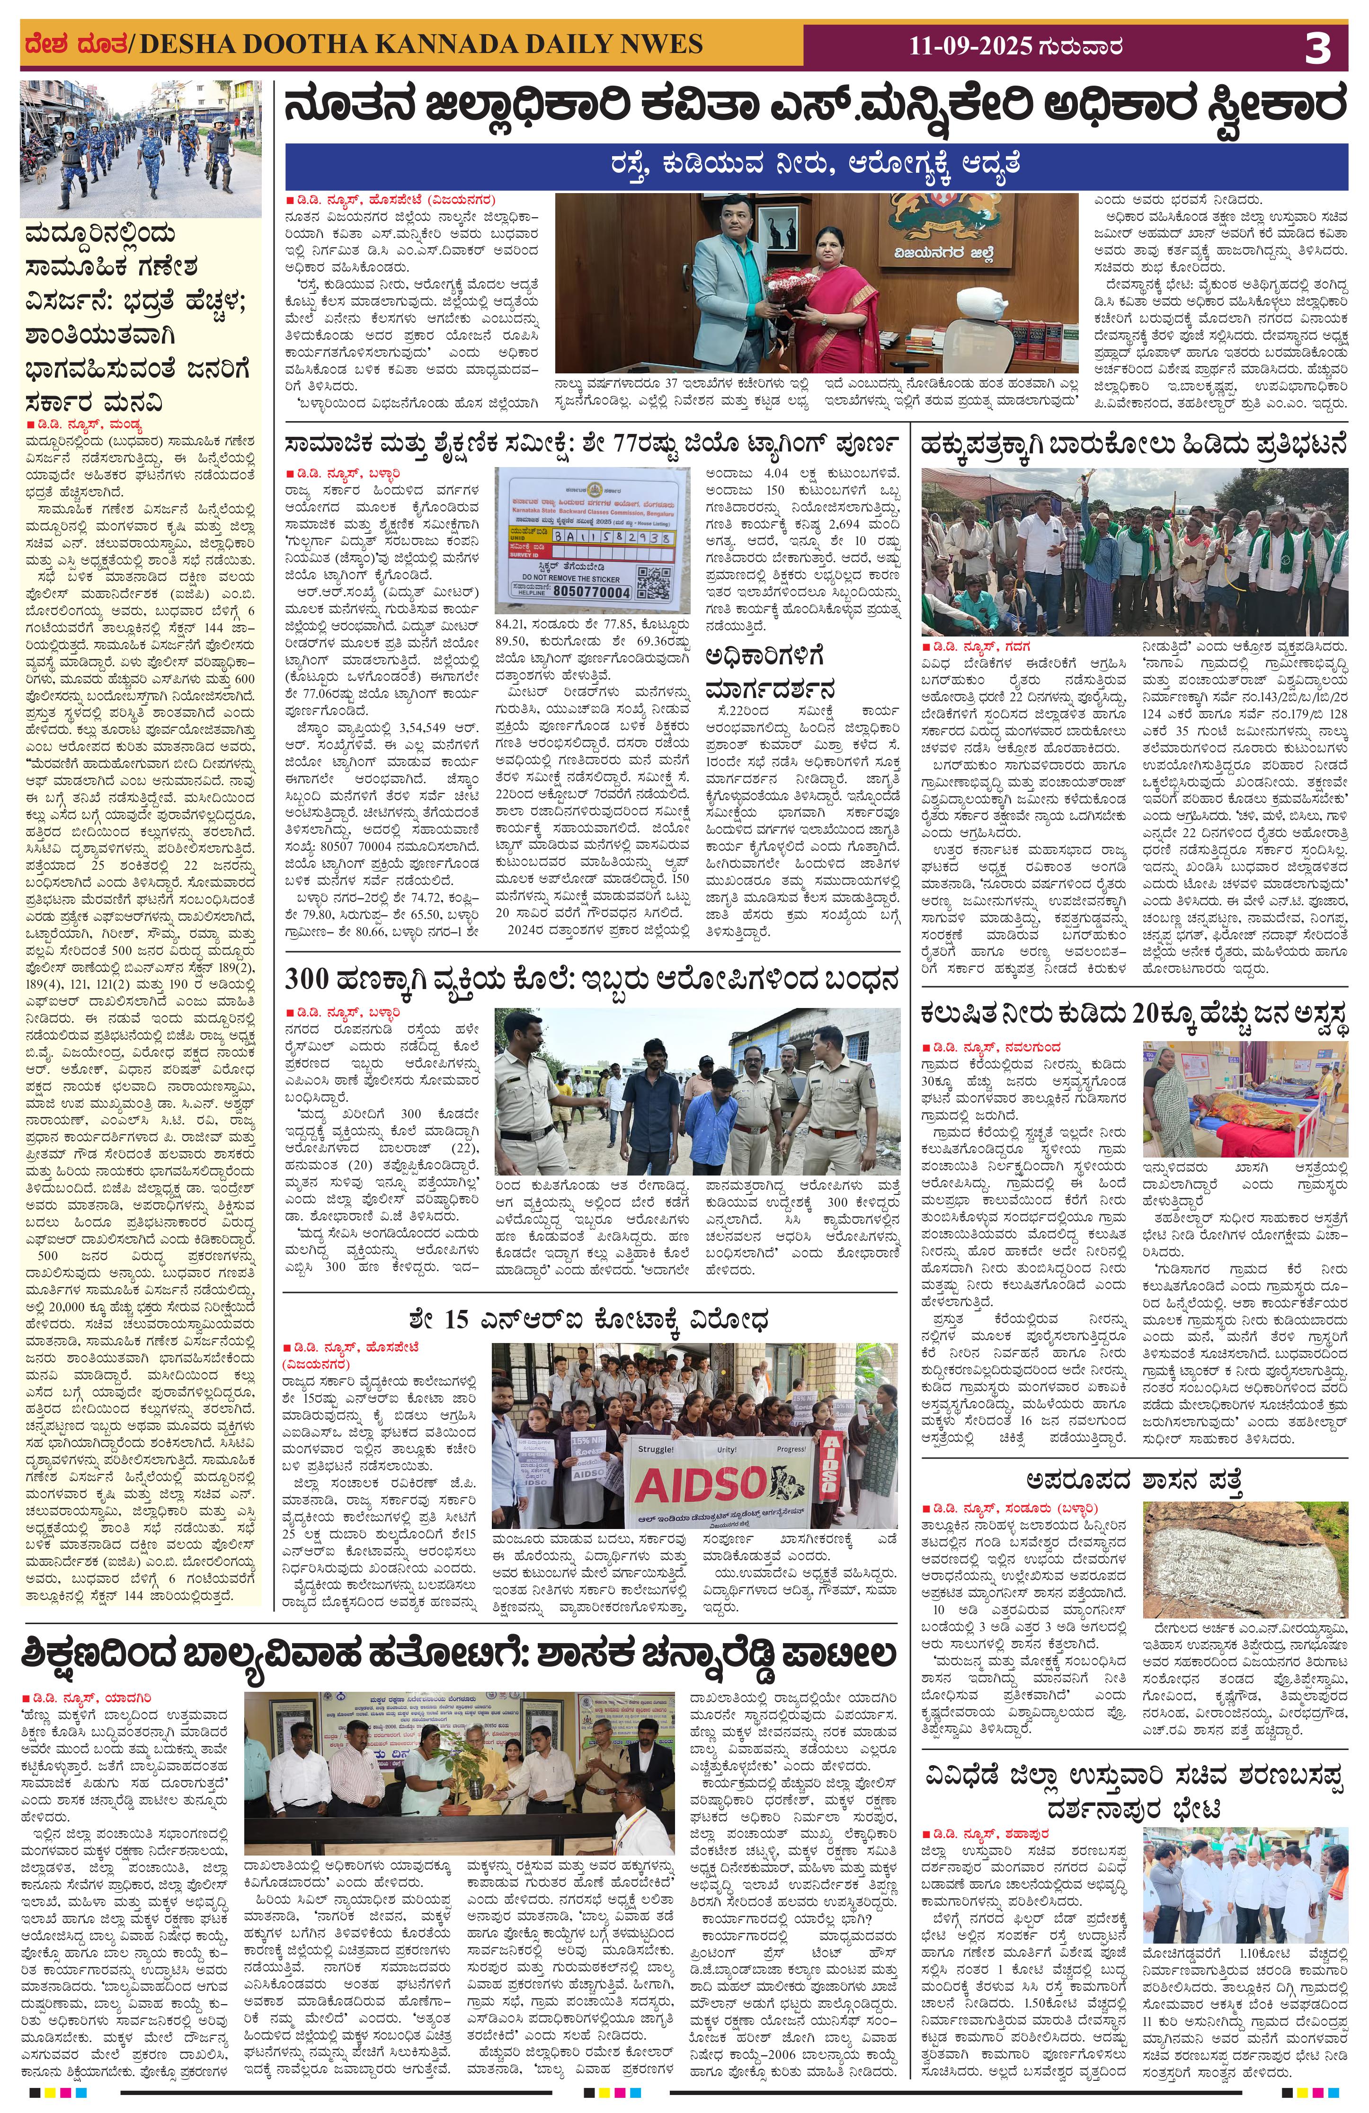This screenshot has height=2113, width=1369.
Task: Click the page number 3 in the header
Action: tap(1317, 47)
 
